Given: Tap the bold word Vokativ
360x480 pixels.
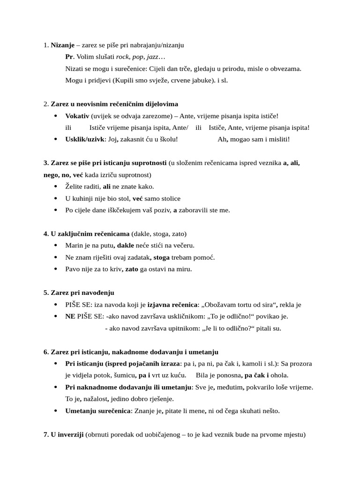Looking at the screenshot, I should pos(77,116).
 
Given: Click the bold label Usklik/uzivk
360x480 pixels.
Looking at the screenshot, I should pos(85,139).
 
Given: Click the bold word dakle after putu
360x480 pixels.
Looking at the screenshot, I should pos(125,245).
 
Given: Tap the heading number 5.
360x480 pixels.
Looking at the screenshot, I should pos(45,292).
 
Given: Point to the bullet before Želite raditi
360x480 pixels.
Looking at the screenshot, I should pos(56,187).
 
